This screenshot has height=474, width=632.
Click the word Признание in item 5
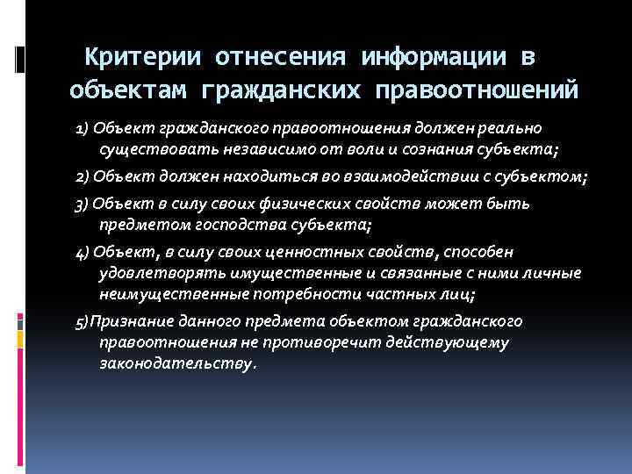pyautogui.click(x=127, y=321)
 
